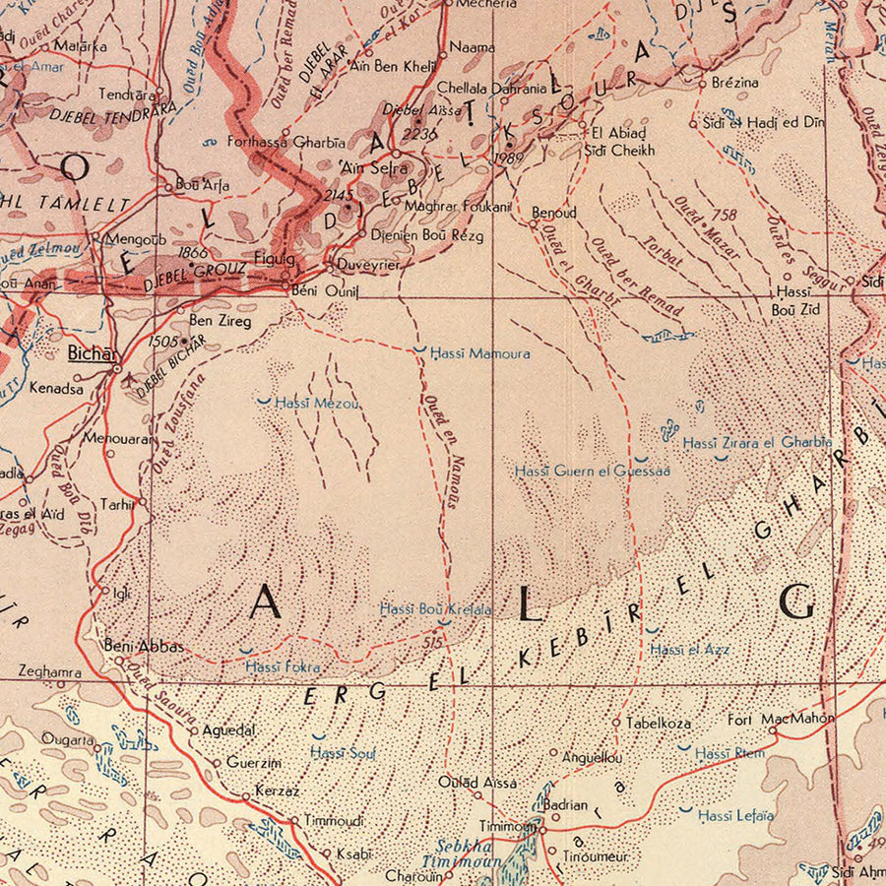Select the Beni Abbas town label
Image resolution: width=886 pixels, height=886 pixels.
(144, 646)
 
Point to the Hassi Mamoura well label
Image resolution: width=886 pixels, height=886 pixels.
(480, 352)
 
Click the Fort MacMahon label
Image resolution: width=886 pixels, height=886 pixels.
(781, 719)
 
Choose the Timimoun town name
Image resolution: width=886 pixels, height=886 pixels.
(507, 827)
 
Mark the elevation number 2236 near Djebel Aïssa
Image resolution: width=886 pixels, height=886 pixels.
(419, 134)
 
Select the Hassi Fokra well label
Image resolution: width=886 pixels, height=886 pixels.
(283, 667)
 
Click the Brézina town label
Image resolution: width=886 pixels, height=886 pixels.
(734, 83)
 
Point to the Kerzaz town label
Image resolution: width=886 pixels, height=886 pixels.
(277, 791)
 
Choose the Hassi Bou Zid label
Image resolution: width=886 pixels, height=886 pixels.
(792, 300)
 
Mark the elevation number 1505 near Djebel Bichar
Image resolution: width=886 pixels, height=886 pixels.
(164, 341)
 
